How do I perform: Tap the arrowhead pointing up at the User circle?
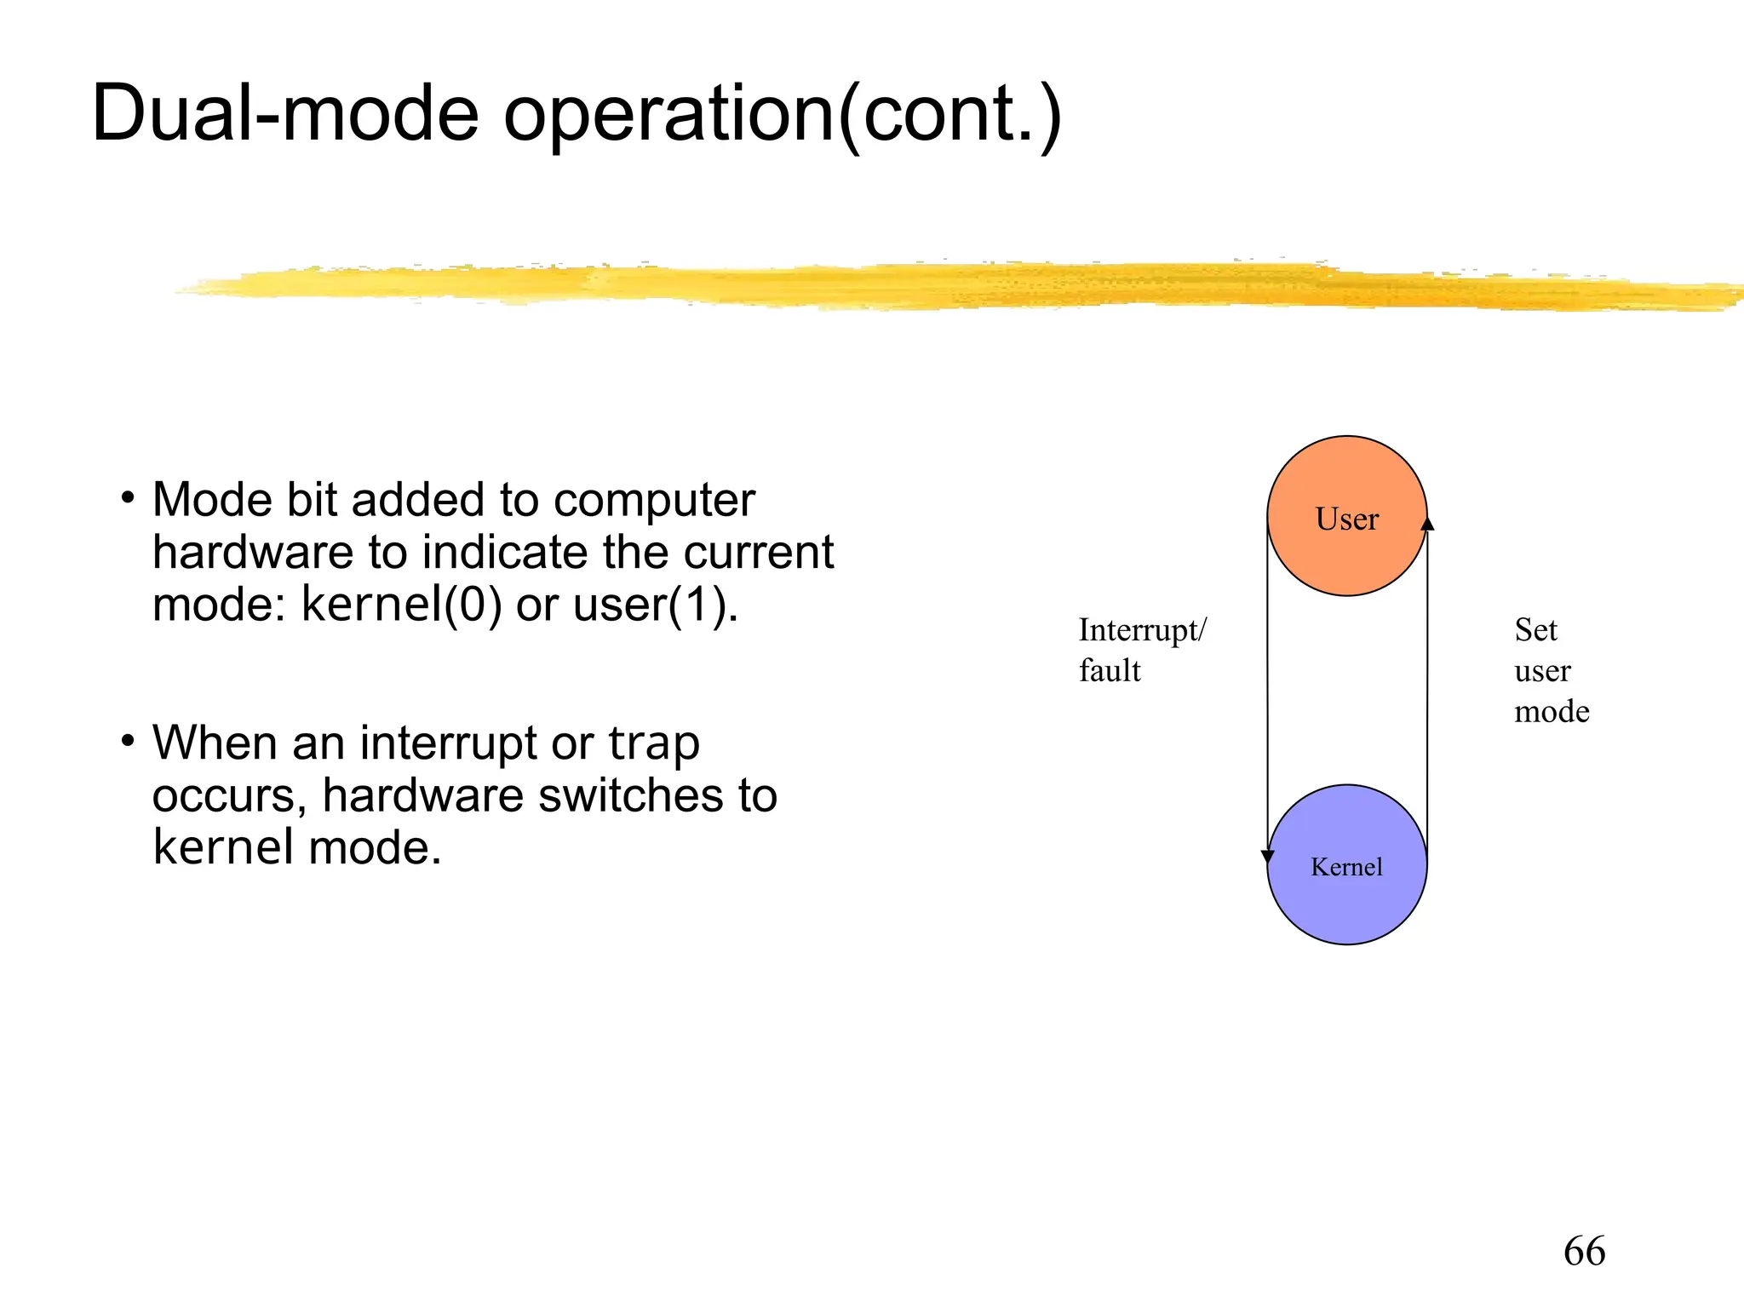[x=1427, y=523]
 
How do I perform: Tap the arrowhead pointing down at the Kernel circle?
[x=1267, y=857]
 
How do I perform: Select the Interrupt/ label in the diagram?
[x=1142, y=630]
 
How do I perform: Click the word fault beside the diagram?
[x=1109, y=671]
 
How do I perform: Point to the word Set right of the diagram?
[x=1535, y=630]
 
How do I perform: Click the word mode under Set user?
[x=1551, y=711]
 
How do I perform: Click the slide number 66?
[x=1584, y=1252]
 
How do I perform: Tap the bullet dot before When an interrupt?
[x=128, y=741]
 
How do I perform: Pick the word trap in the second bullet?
[x=653, y=743]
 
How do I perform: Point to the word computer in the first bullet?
[x=654, y=501]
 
